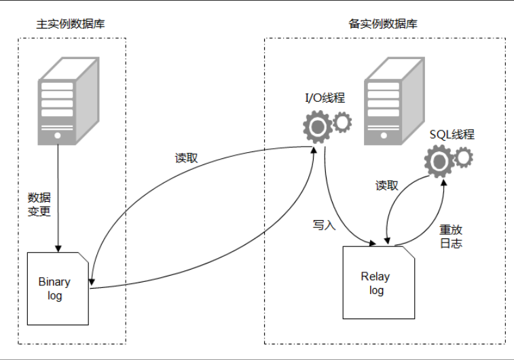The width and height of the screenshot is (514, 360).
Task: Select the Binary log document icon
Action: (58, 287)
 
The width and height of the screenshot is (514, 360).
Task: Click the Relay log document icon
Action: (378, 283)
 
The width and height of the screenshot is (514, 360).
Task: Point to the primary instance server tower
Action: (65, 101)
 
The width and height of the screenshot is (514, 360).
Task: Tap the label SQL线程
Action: (452, 134)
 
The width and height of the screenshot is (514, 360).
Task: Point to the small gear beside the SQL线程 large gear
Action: (464, 157)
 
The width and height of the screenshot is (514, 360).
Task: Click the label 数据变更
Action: (39, 204)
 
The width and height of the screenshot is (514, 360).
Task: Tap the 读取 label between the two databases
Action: (186, 158)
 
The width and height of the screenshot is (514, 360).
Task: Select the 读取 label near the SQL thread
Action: (387, 185)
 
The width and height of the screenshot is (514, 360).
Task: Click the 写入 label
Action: (324, 224)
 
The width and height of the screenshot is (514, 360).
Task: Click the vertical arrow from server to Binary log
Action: (58, 197)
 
